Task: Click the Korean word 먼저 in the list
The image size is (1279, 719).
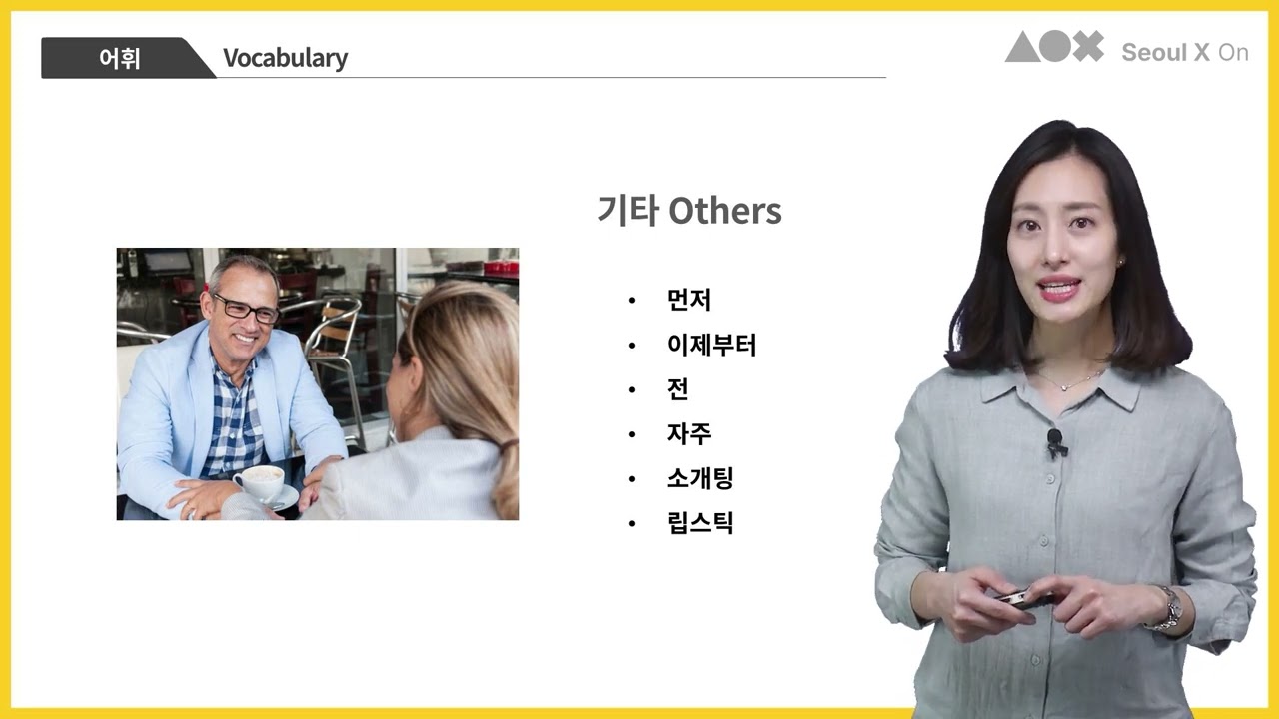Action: pyautogui.click(x=689, y=300)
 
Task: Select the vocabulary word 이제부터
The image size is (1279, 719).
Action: pyautogui.click(x=711, y=346)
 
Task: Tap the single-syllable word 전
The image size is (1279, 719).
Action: pyautogui.click(x=678, y=389)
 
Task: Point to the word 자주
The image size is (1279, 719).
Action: pyautogui.click(x=689, y=434)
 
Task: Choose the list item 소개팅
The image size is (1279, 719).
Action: pyautogui.click(x=700, y=479)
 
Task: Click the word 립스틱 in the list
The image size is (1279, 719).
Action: pyautogui.click(x=700, y=523)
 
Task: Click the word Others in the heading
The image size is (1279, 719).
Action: pyautogui.click(x=724, y=211)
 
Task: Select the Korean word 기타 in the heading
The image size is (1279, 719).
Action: pyautogui.click(x=627, y=211)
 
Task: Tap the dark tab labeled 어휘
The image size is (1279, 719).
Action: pyautogui.click(x=120, y=58)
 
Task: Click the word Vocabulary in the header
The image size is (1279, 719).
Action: pyautogui.click(x=285, y=58)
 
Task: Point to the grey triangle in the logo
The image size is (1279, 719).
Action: pyautogui.click(x=1021, y=47)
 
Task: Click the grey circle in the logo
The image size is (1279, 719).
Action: pyautogui.click(x=1055, y=47)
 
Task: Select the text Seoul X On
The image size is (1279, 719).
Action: pyautogui.click(x=1185, y=53)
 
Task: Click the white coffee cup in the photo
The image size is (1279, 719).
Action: pyautogui.click(x=259, y=482)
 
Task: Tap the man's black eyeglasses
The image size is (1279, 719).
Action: pyautogui.click(x=244, y=307)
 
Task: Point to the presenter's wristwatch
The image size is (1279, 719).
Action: pyautogui.click(x=1166, y=608)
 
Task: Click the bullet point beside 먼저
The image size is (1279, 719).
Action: pyautogui.click(x=632, y=301)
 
